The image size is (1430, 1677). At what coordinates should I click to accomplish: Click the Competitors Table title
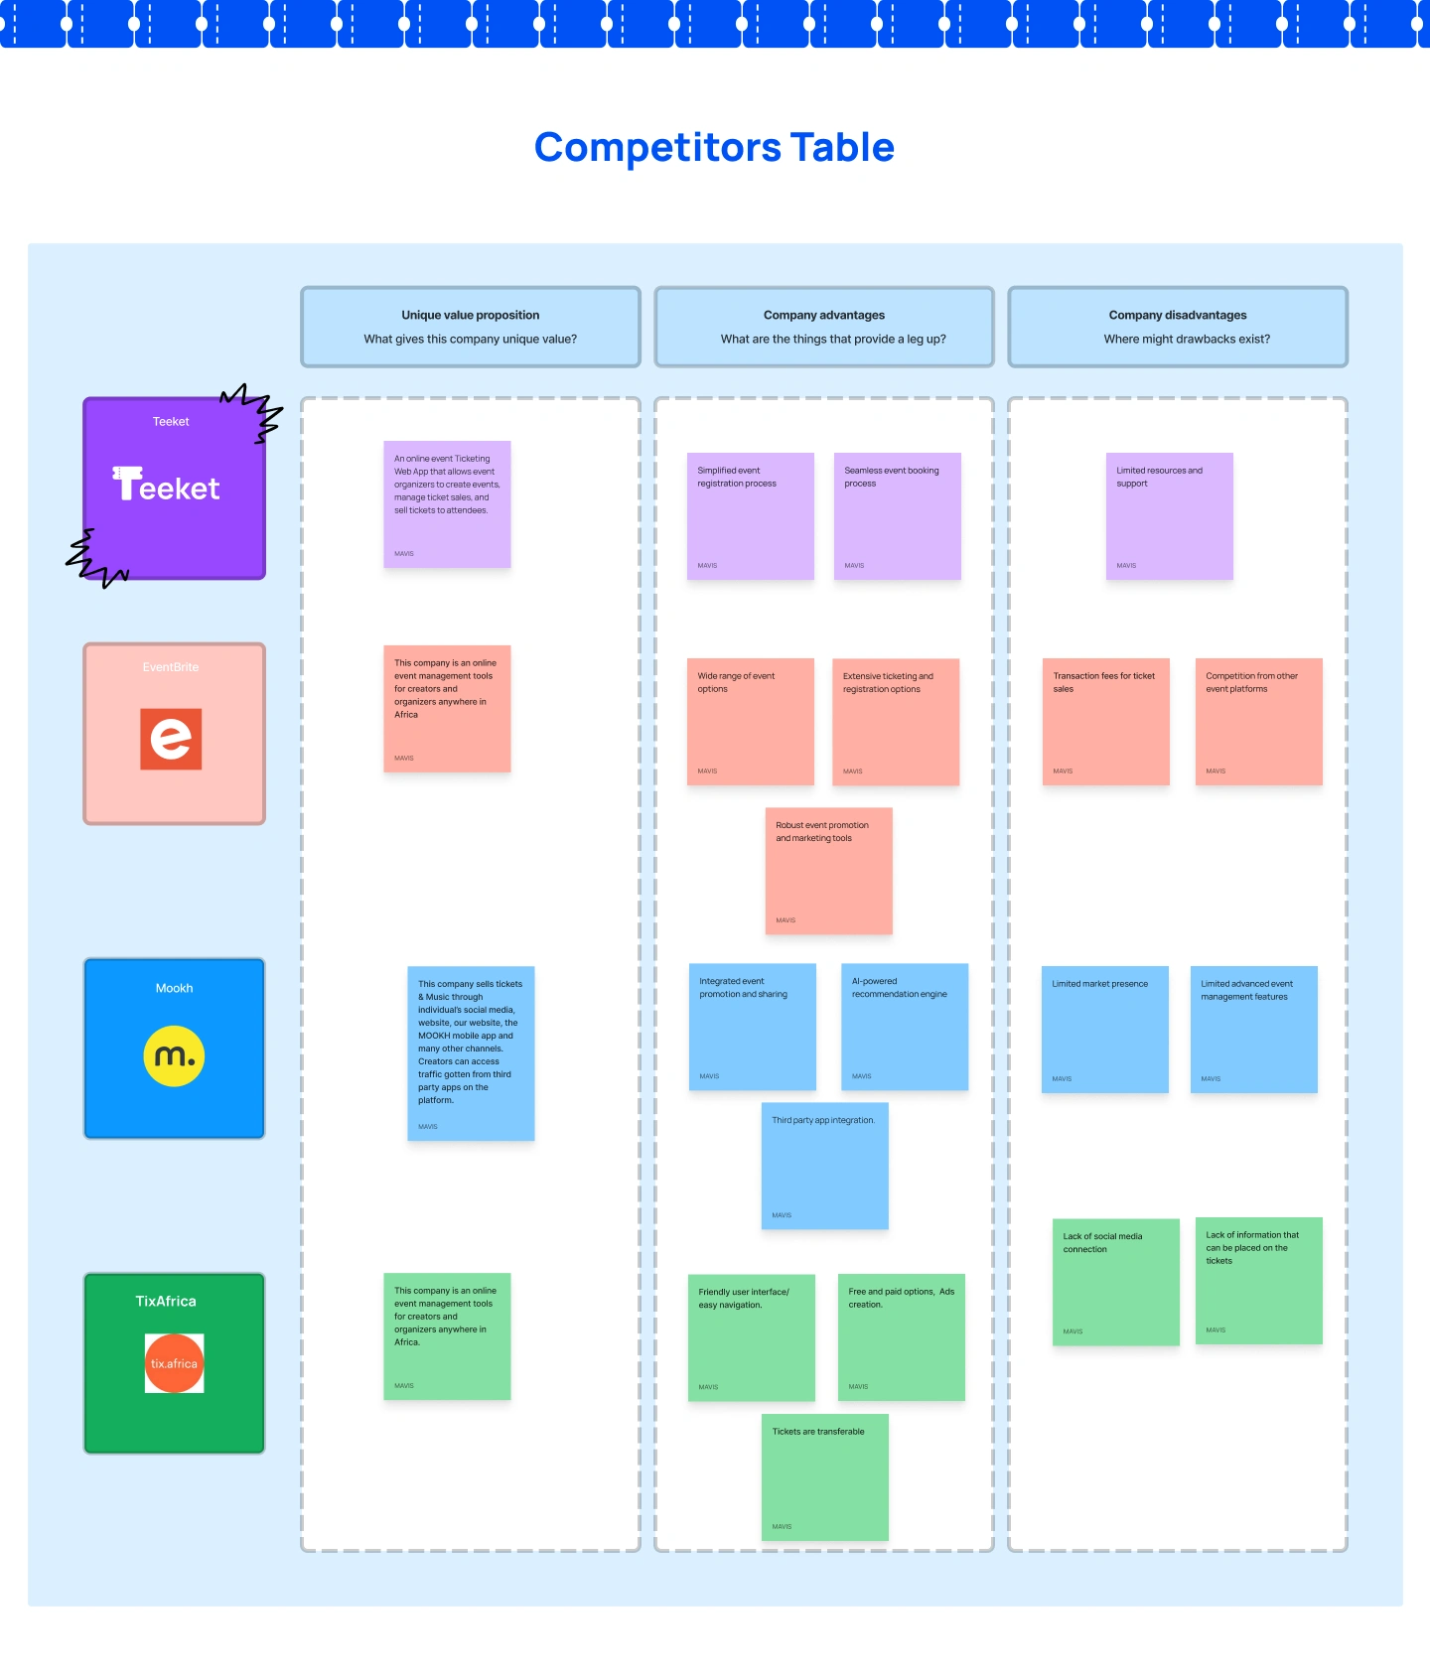tap(714, 148)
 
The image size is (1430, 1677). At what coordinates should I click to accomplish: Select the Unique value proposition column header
tap(471, 327)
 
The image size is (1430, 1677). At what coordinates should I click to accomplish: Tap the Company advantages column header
tap(824, 327)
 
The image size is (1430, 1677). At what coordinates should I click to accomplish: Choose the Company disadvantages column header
tap(1178, 327)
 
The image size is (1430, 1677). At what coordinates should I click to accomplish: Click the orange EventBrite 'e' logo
tap(171, 739)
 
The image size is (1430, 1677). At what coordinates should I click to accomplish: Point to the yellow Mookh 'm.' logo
tap(174, 1055)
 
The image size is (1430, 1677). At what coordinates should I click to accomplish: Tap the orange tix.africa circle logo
tap(174, 1363)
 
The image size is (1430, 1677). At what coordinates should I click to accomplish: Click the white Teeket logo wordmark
tap(166, 486)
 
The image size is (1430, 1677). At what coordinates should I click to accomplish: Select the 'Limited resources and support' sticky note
tap(1169, 516)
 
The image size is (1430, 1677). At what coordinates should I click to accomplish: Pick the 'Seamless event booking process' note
tap(897, 516)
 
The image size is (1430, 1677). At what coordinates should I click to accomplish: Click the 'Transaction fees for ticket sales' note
tap(1105, 722)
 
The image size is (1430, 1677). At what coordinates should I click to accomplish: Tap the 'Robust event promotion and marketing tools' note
tap(828, 871)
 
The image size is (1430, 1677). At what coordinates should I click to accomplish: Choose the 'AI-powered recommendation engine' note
tap(904, 1027)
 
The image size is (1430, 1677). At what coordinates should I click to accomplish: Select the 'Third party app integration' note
tap(824, 1166)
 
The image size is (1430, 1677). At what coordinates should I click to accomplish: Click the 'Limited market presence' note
tap(1104, 1029)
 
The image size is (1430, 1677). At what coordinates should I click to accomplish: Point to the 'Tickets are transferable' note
tap(824, 1477)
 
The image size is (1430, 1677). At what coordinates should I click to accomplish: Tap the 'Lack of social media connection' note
tap(1115, 1282)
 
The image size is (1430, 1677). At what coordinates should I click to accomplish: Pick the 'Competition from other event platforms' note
tap(1258, 722)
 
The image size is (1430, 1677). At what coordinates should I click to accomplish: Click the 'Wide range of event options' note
tap(750, 722)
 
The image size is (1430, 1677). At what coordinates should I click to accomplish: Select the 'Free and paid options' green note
tap(901, 1336)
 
